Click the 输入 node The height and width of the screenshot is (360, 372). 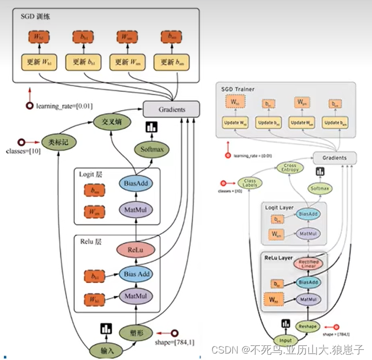point(108,350)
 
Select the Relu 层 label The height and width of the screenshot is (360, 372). point(91,241)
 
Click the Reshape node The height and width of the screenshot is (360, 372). point(307,326)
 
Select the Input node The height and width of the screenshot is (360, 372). point(285,340)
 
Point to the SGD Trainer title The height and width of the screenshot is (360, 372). point(238,89)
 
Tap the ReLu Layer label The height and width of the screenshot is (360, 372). point(278,258)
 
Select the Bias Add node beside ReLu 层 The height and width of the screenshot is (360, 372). point(136,274)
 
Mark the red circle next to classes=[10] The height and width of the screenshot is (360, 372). point(21,142)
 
